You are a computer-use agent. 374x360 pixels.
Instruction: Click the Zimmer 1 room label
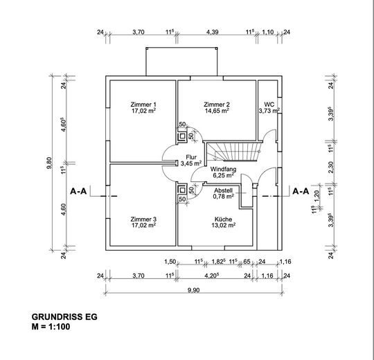(143, 105)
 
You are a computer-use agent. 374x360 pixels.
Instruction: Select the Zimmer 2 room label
(217, 105)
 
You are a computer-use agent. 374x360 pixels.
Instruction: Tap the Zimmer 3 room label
(143, 219)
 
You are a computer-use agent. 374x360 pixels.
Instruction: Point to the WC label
(269, 105)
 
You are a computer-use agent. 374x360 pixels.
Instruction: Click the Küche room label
(223, 219)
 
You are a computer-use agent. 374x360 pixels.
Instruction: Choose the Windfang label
(223, 170)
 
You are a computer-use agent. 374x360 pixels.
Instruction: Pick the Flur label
(191, 157)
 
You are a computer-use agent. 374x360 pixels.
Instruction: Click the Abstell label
(223, 190)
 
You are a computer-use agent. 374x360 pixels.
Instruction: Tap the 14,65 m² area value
(217, 111)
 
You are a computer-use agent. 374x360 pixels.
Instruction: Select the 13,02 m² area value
(224, 225)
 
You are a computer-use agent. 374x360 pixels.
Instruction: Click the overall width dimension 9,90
(194, 290)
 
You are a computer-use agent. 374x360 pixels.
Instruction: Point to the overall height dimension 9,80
(49, 163)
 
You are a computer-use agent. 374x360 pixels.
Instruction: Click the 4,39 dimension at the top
(213, 32)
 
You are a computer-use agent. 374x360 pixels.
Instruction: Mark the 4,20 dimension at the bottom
(212, 276)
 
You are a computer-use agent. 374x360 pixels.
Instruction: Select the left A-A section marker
(78, 191)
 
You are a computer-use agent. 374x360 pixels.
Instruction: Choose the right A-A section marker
(301, 191)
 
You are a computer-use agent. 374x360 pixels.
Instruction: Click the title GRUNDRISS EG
(64, 317)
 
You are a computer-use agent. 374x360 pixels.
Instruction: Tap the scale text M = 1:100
(51, 326)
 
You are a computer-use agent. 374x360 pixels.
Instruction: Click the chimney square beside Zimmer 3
(182, 190)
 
